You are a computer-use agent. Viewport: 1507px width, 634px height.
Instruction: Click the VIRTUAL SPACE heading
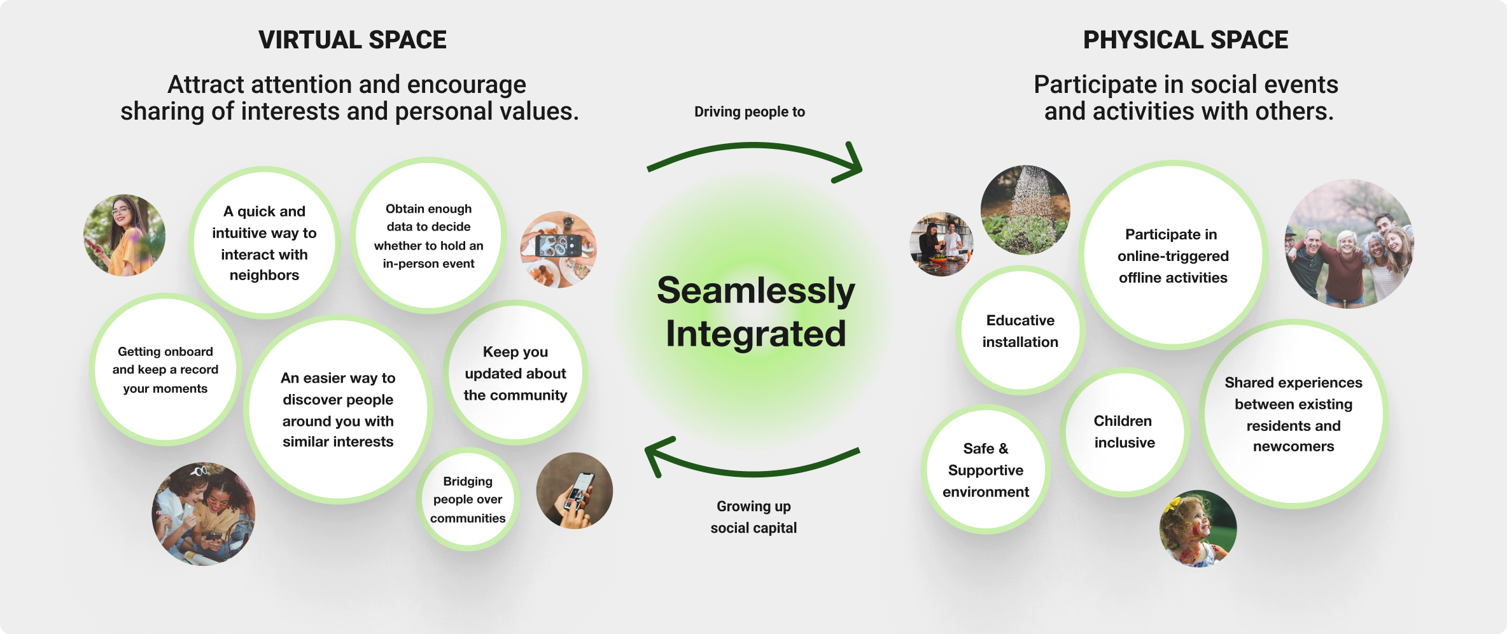coord(352,40)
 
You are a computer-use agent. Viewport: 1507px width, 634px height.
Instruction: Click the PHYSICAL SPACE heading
coord(1185,40)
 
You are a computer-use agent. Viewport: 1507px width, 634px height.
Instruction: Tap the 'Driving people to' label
coord(749,112)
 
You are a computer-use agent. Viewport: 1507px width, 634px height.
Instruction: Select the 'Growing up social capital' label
coord(753,517)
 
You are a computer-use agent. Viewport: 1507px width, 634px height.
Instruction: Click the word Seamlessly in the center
coord(755,291)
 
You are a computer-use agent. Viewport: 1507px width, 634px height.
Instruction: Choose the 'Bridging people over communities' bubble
coord(468,500)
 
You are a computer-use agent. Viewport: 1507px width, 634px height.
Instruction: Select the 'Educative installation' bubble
coord(1020,331)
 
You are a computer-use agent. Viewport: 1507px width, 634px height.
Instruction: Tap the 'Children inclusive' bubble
coord(1124,432)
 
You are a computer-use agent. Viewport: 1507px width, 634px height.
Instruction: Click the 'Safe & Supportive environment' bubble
coord(985,470)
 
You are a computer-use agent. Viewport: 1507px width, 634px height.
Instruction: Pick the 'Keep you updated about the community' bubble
coord(515,373)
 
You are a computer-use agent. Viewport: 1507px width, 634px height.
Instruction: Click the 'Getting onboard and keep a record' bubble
coord(165,370)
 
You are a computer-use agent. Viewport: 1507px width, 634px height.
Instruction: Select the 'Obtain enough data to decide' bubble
coord(428,236)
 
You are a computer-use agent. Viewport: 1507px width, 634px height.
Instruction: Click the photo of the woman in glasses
coord(124,235)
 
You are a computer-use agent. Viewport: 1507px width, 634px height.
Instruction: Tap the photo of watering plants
coord(1025,210)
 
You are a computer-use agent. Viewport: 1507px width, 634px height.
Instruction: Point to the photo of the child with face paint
coord(1197,528)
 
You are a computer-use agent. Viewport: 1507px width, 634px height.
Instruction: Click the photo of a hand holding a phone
coord(574,491)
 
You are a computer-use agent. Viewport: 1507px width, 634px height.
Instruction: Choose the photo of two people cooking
coord(941,244)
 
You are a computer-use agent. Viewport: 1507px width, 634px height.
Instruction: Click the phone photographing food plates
coord(558,249)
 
